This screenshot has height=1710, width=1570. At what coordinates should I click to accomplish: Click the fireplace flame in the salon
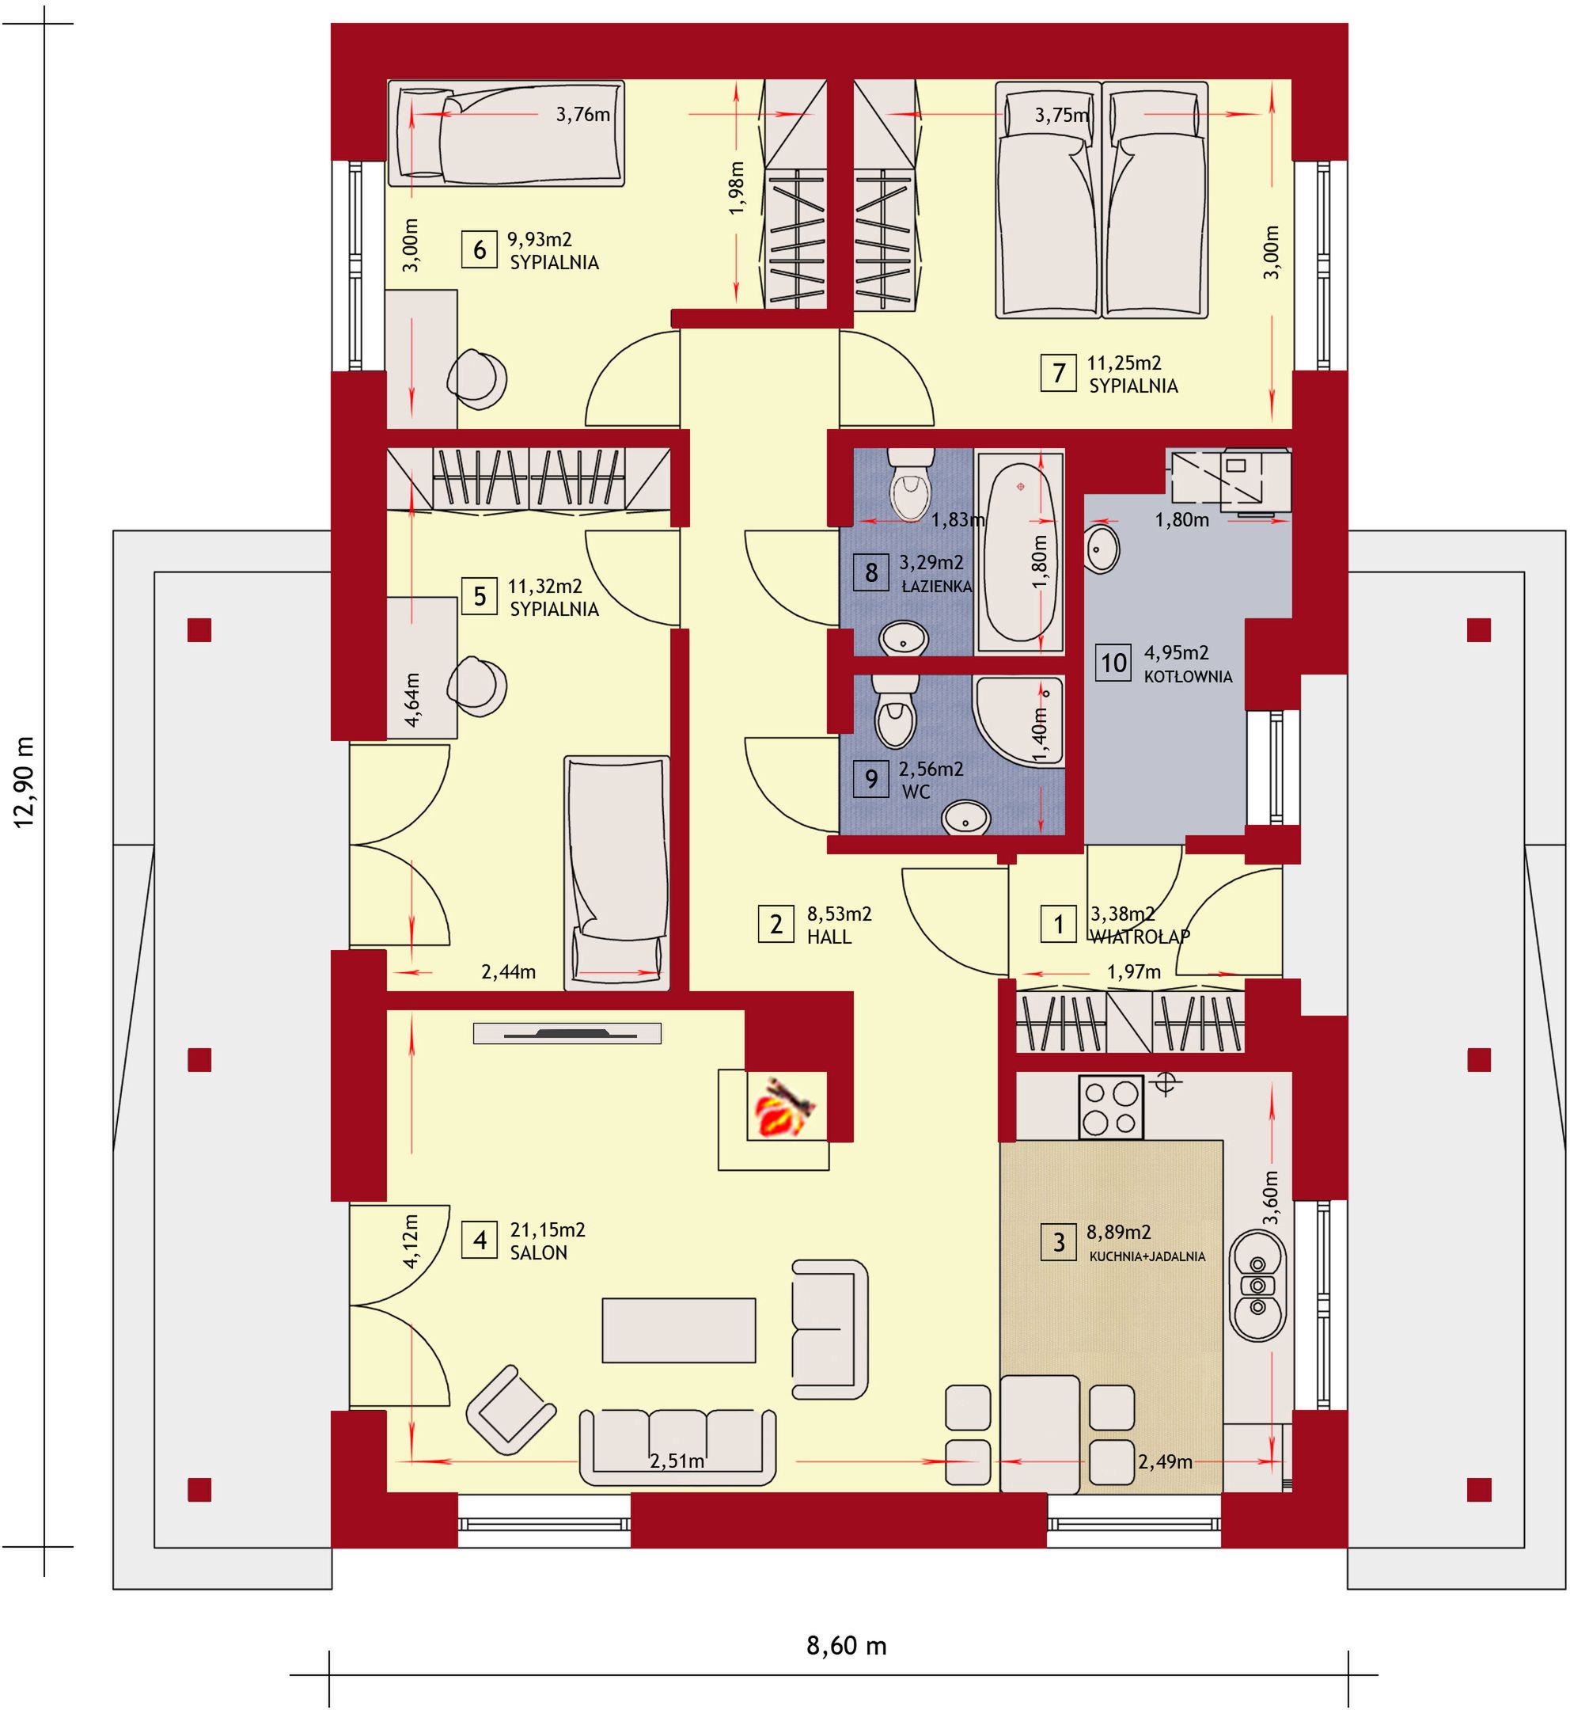tap(787, 1107)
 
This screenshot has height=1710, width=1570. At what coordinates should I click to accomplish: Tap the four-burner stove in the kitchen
tap(1111, 1108)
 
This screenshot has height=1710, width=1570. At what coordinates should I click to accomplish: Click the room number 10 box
tap(1113, 662)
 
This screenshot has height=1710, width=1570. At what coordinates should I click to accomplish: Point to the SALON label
tap(539, 1253)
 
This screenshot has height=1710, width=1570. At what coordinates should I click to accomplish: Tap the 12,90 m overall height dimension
tap(24, 783)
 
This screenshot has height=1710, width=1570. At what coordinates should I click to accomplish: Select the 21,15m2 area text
tap(547, 1229)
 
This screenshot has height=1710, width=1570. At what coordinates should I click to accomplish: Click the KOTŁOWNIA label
tap(1188, 678)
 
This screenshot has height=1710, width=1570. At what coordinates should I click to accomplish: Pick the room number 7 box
tap(1059, 373)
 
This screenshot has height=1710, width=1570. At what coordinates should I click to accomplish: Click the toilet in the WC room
tap(896, 712)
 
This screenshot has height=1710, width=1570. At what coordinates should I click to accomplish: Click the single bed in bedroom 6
tap(506, 134)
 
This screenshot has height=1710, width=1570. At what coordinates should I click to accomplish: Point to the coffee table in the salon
tap(679, 1331)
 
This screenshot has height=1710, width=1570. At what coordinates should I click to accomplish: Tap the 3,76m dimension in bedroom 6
tap(582, 114)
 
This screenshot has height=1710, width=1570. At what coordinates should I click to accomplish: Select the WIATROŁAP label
tap(1140, 937)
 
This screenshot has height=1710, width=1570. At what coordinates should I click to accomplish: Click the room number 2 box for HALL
tap(776, 924)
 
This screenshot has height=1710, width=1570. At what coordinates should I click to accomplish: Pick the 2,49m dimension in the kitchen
tap(1165, 1463)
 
